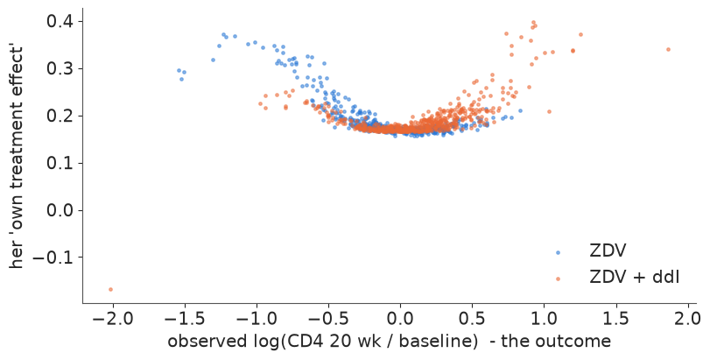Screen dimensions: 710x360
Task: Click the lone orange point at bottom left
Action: tap(110, 289)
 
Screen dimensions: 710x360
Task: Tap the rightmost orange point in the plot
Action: tap(668, 49)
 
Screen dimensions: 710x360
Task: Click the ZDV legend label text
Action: tap(608, 251)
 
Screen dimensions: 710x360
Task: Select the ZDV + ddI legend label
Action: tap(635, 277)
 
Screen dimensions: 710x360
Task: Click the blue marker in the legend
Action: tap(558, 252)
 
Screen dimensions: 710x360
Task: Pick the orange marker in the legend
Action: tap(558, 279)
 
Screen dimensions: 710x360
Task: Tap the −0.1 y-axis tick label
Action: tap(54, 258)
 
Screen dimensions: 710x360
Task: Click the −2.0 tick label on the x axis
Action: tap(112, 318)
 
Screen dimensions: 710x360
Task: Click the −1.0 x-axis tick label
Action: tap(257, 318)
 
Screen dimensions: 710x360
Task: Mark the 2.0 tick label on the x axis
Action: tap(688, 318)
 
